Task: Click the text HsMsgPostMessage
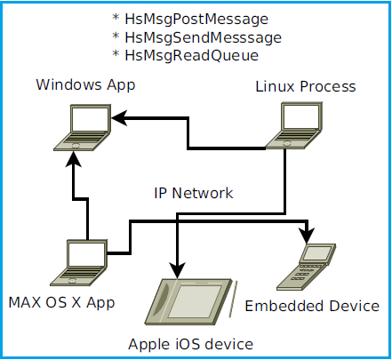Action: click(196, 20)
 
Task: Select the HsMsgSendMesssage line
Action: click(204, 38)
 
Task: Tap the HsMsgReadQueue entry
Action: click(192, 56)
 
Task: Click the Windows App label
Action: click(85, 85)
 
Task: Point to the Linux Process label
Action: click(306, 87)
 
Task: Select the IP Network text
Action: click(194, 193)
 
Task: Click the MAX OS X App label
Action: click(61, 303)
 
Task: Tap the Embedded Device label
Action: click(312, 306)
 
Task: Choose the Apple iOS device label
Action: click(191, 344)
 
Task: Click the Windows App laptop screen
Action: click(90, 118)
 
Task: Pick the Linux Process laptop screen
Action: click(301, 116)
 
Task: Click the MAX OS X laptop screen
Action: click(87, 254)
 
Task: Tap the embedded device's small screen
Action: click(317, 253)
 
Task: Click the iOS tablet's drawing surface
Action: click(195, 301)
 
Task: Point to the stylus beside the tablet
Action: click(233, 299)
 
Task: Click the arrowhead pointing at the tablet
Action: click(177, 270)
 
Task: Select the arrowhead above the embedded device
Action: click(308, 236)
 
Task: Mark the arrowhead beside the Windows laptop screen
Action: click(119, 118)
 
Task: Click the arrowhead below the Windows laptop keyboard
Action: click(73, 159)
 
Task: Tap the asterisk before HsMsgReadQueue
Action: click(116, 53)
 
